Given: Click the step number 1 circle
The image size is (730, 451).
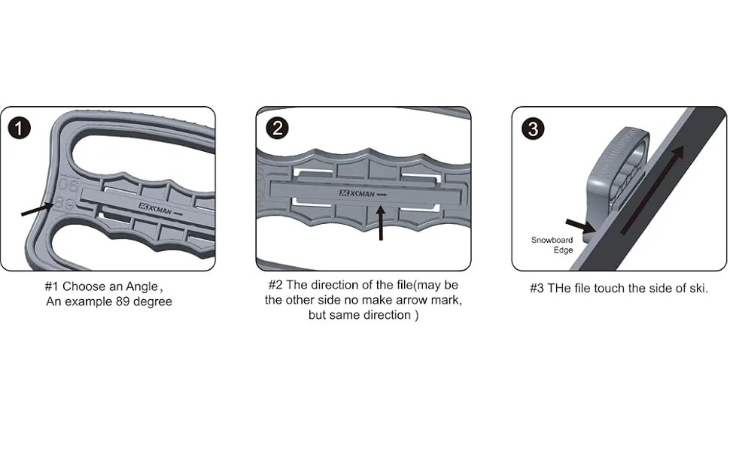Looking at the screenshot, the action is coord(19,128).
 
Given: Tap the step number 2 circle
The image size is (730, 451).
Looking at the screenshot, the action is coord(277,128).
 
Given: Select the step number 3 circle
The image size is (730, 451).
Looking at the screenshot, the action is coord(533,129).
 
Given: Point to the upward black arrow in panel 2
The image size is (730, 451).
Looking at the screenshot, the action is coord(381,222).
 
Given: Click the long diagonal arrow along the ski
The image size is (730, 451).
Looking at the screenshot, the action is coord(652,189).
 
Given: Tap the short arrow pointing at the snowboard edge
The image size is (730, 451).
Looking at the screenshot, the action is coord(580,225).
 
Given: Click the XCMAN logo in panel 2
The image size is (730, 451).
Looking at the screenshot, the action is coord(363,193).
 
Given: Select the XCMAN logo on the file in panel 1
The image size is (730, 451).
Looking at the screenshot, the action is coord(160,209).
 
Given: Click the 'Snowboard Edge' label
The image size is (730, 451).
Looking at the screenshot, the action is coord(552,245).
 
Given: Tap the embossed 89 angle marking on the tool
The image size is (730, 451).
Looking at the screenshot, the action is coord(65,203).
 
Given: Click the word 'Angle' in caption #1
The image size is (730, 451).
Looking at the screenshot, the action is coord(141,286).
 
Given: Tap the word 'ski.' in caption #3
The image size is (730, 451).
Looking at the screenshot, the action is coord(699,289).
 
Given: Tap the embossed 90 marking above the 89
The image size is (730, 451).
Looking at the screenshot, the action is coord(68,184).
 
